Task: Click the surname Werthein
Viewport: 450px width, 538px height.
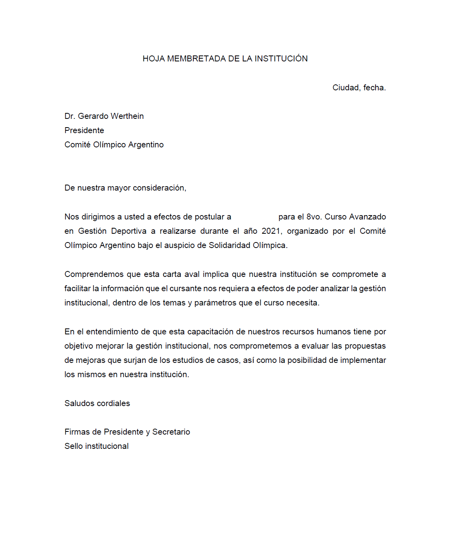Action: pos(127,116)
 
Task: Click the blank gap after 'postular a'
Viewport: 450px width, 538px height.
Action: pos(254,217)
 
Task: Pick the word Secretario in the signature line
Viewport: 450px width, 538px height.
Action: pos(171,432)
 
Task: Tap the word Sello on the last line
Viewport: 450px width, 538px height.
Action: pos(74,446)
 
